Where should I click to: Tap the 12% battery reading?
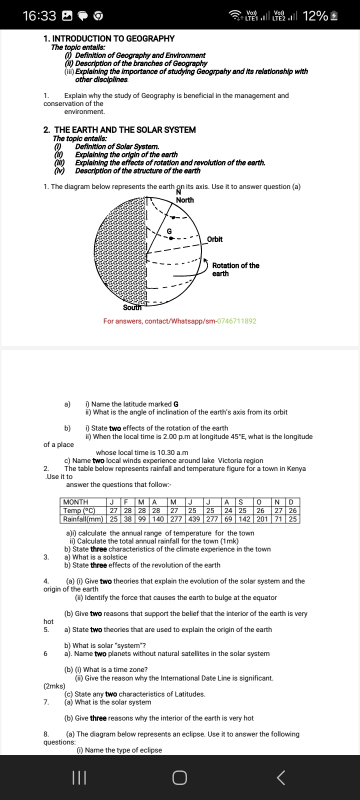point(315,16)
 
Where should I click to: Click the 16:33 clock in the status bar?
point(39,16)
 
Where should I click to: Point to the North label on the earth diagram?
point(185,200)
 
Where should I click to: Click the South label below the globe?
point(132,307)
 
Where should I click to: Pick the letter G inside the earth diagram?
point(169,231)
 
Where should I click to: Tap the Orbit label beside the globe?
point(215,239)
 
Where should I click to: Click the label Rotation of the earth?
point(235,269)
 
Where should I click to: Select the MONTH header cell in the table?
point(75,502)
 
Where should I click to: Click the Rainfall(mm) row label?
point(83,519)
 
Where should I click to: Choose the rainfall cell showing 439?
point(194,519)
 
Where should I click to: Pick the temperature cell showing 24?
point(228,510)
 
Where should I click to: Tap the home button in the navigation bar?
point(180,777)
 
